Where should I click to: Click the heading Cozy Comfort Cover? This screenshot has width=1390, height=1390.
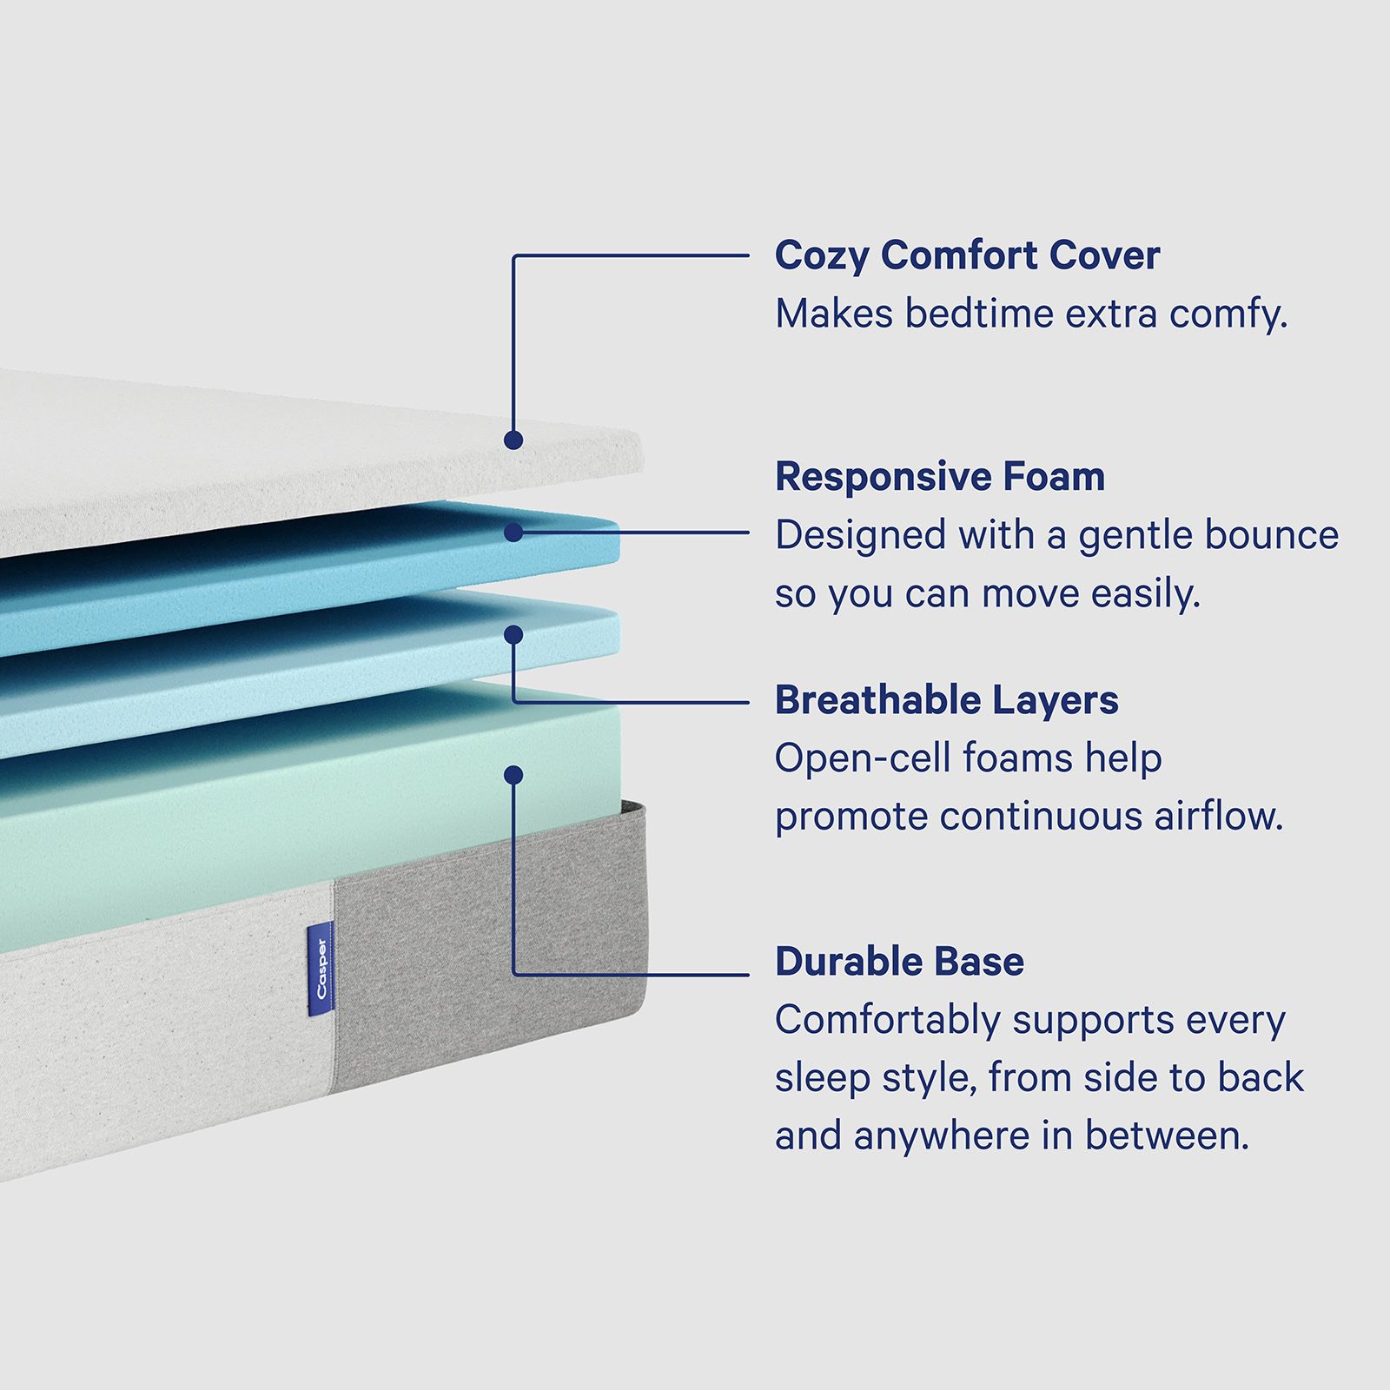pyautogui.click(x=967, y=256)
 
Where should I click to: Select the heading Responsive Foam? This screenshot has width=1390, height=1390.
pyautogui.click(x=940, y=477)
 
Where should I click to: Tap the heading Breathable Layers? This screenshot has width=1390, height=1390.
pyautogui.click(x=946, y=700)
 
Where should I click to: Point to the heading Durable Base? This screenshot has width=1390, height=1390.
pyautogui.click(x=899, y=962)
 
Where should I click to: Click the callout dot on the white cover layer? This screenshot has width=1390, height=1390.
pyautogui.click(x=513, y=440)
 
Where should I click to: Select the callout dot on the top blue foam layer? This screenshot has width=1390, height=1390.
pyautogui.click(x=513, y=533)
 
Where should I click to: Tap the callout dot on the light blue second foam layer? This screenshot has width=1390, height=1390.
pyautogui.click(x=513, y=635)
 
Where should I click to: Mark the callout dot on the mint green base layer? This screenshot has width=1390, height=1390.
pyautogui.click(x=513, y=775)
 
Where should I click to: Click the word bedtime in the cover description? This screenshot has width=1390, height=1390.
pyautogui.click(x=979, y=314)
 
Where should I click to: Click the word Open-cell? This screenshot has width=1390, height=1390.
pyautogui.click(x=864, y=759)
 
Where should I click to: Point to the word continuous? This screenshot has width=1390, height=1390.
pyautogui.click(x=1041, y=816)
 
